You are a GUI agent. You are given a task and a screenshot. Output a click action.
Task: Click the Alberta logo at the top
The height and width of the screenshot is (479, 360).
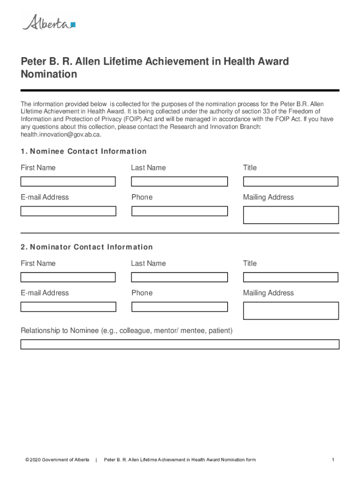click(x=49, y=22)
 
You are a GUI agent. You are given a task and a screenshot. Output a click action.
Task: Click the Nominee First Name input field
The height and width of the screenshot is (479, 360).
click(x=68, y=181)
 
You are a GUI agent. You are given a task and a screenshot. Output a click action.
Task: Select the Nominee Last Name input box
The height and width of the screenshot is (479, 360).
click(x=180, y=181)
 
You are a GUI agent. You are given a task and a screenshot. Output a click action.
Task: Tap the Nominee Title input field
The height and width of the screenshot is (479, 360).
click(x=290, y=181)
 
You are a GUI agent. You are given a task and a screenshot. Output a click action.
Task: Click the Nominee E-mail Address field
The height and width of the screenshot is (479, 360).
click(x=68, y=211)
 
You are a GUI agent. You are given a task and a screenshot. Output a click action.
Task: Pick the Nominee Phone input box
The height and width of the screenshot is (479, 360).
click(x=180, y=211)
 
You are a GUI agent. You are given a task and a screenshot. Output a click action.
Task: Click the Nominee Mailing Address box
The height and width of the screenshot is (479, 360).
click(x=290, y=215)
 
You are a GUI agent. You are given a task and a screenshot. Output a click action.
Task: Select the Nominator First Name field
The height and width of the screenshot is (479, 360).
click(x=68, y=277)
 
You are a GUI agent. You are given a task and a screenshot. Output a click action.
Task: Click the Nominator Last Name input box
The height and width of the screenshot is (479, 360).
click(x=180, y=277)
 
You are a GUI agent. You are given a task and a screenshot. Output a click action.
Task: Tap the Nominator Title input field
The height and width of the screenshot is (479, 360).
click(x=290, y=277)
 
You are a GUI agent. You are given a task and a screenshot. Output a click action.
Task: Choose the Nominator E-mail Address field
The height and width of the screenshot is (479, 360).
click(x=68, y=307)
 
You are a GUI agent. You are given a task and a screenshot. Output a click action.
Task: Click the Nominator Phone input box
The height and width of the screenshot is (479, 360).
click(x=180, y=307)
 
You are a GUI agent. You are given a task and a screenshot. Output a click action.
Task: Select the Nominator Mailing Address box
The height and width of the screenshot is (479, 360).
click(x=290, y=311)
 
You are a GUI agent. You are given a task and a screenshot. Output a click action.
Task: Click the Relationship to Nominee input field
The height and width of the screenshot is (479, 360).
click(x=180, y=345)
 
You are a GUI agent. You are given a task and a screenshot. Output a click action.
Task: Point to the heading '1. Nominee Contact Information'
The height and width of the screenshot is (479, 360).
click(x=84, y=152)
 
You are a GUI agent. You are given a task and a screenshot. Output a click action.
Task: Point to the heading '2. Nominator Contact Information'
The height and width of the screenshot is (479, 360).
click(x=86, y=247)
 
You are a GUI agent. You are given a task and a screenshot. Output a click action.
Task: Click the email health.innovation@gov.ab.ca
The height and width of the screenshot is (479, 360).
click(x=60, y=135)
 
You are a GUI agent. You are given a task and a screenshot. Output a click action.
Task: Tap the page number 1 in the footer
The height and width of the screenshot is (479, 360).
click(x=333, y=460)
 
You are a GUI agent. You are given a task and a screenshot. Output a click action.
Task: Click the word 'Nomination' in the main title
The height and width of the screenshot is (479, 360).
click(x=49, y=74)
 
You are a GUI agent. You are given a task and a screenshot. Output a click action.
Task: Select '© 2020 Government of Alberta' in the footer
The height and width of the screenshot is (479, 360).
click(x=58, y=460)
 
